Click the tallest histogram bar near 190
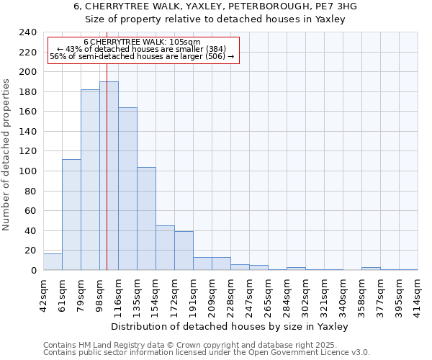[109, 176]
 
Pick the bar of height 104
[146, 219]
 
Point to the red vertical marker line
[107, 180]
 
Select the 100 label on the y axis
[28, 171]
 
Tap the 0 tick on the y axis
[33, 271]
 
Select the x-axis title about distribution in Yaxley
[230, 326]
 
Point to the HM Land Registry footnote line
[189, 345]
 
